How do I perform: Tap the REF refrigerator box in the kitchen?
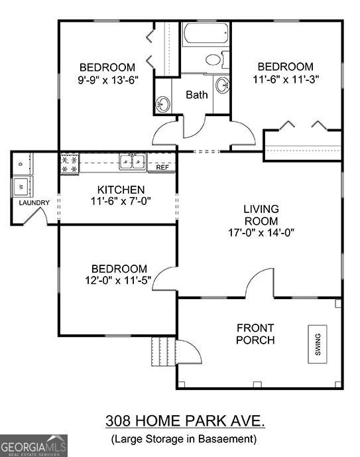tap(162, 168)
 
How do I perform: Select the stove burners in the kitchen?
tap(69, 164)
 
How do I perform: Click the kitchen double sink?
tap(133, 161)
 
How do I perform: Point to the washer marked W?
tap(22, 184)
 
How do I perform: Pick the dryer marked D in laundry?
tap(22, 163)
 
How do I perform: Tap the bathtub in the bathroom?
tap(205, 34)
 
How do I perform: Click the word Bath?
tap(196, 95)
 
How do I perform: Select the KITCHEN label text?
tap(117, 189)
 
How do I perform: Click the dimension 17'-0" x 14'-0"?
tap(261, 232)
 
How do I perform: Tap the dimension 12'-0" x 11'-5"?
tap(119, 280)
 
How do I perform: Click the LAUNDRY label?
tap(34, 203)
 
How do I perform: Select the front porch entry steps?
tap(162, 352)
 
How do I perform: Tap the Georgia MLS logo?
tap(34, 445)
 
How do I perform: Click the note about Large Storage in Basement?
tap(183, 438)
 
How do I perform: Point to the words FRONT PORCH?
tap(256, 334)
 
